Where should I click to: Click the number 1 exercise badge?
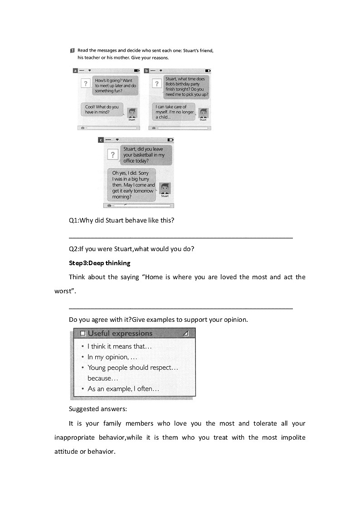pyautogui.click(x=73, y=50)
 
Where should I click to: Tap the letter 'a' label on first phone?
pyautogui.click(x=75, y=71)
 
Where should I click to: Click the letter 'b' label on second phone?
pyautogui.click(x=146, y=71)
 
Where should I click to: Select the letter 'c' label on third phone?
pyautogui.click(x=101, y=140)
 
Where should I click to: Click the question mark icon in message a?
pyautogui.click(x=85, y=83)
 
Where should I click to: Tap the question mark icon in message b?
pyautogui.click(x=157, y=83)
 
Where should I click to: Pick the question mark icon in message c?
pyautogui.click(x=112, y=155)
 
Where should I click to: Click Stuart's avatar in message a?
pyautogui.click(x=131, y=113)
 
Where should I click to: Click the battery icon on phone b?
pyautogui.click(x=208, y=71)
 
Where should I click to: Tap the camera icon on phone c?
pyautogui.click(x=109, y=205)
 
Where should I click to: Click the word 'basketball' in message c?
pyautogui.click(x=142, y=155)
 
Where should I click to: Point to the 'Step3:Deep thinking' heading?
pyautogui.click(x=99, y=263)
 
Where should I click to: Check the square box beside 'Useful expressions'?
pyautogui.click(x=83, y=334)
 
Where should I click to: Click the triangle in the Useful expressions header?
pyautogui.click(x=185, y=334)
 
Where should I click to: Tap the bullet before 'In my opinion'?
pyautogui.click(x=83, y=357)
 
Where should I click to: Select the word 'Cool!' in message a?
pyautogui.click(x=91, y=107)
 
